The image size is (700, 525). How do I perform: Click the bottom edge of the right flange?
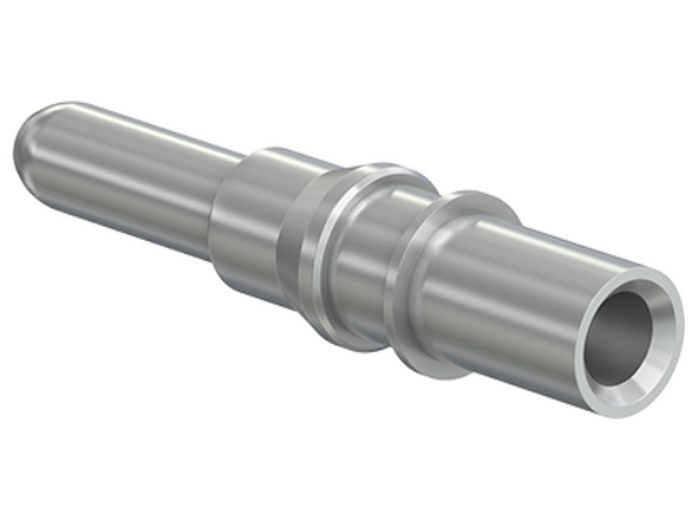coord(451,376)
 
